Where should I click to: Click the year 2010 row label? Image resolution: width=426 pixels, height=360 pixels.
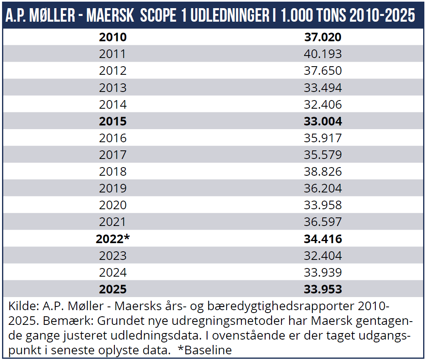coord(113,37)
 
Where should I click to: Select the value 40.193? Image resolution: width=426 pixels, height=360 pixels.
coord(323,54)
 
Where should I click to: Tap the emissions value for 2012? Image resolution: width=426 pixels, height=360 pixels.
coord(323,71)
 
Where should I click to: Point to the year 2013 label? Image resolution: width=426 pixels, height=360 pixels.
coord(113,87)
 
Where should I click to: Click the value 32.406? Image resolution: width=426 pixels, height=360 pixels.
coord(323,105)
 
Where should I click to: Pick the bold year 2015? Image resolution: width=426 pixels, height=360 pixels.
coord(113,121)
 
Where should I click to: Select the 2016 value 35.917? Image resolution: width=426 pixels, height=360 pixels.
coord(323,138)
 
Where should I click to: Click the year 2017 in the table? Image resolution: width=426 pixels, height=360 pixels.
coord(113,155)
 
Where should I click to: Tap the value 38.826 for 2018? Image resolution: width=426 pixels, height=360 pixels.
coord(323,172)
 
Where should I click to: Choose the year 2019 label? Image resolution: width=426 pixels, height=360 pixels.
coord(113,188)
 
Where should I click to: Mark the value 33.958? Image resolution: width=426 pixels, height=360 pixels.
coord(323,205)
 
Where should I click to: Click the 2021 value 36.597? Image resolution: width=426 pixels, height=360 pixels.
coord(323,222)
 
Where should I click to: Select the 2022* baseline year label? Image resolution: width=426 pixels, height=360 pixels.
coord(113,239)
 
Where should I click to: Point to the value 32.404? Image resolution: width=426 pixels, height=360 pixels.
coord(323,256)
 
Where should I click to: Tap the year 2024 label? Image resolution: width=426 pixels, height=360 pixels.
coord(113,273)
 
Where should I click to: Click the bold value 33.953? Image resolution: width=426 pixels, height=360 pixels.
coord(323,289)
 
